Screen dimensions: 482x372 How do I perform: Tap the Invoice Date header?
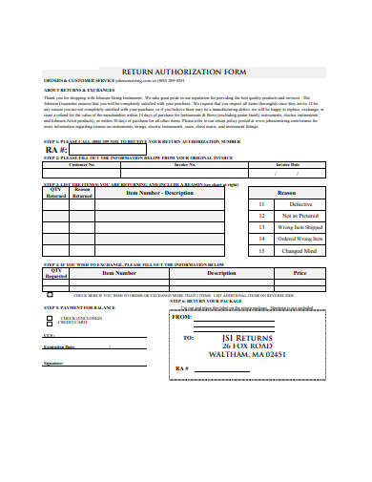click(287, 163)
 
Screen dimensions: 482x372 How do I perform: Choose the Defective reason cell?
click(300, 204)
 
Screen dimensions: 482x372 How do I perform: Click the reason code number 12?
click(261, 217)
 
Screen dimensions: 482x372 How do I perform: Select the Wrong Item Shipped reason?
click(300, 228)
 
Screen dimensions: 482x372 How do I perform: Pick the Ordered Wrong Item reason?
click(300, 239)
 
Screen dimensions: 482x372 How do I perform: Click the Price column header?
click(300, 273)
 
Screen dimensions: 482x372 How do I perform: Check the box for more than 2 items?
click(67, 297)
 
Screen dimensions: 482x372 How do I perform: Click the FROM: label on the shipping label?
click(182, 317)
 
